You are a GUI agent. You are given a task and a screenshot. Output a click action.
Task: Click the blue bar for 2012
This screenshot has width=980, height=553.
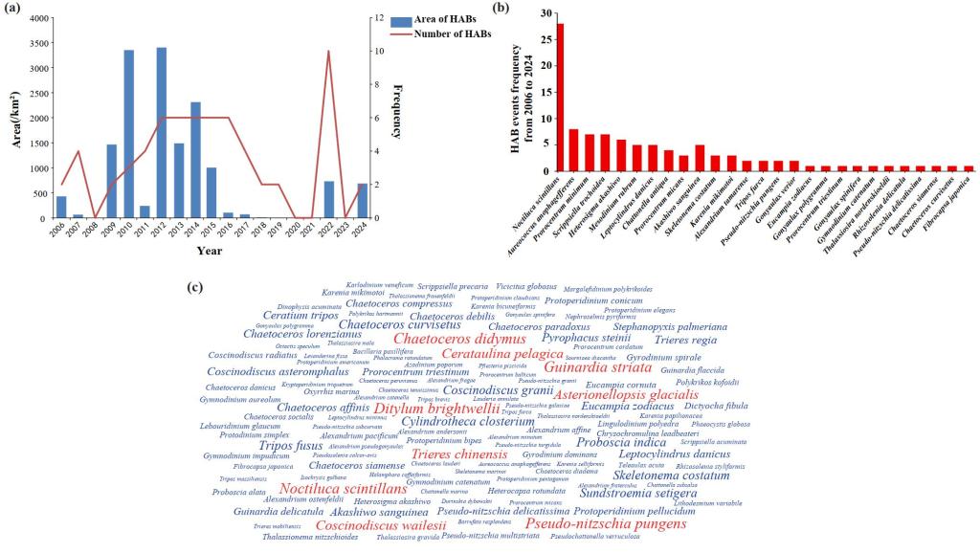pyautogui.click(x=162, y=133)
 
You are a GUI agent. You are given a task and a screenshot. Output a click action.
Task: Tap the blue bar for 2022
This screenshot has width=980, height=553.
pyautogui.click(x=329, y=200)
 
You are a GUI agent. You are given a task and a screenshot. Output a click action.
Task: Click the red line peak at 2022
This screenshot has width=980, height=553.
pyautogui.click(x=329, y=52)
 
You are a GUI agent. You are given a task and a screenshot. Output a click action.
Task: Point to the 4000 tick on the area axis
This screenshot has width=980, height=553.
pyautogui.click(x=39, y=19)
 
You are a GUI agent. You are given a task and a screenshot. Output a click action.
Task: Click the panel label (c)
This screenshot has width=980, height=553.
pyautogui.click(x=195, y=286)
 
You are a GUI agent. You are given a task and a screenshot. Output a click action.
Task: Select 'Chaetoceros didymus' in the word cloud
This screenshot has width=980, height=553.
pyautogui.click(x=459, y=339)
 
